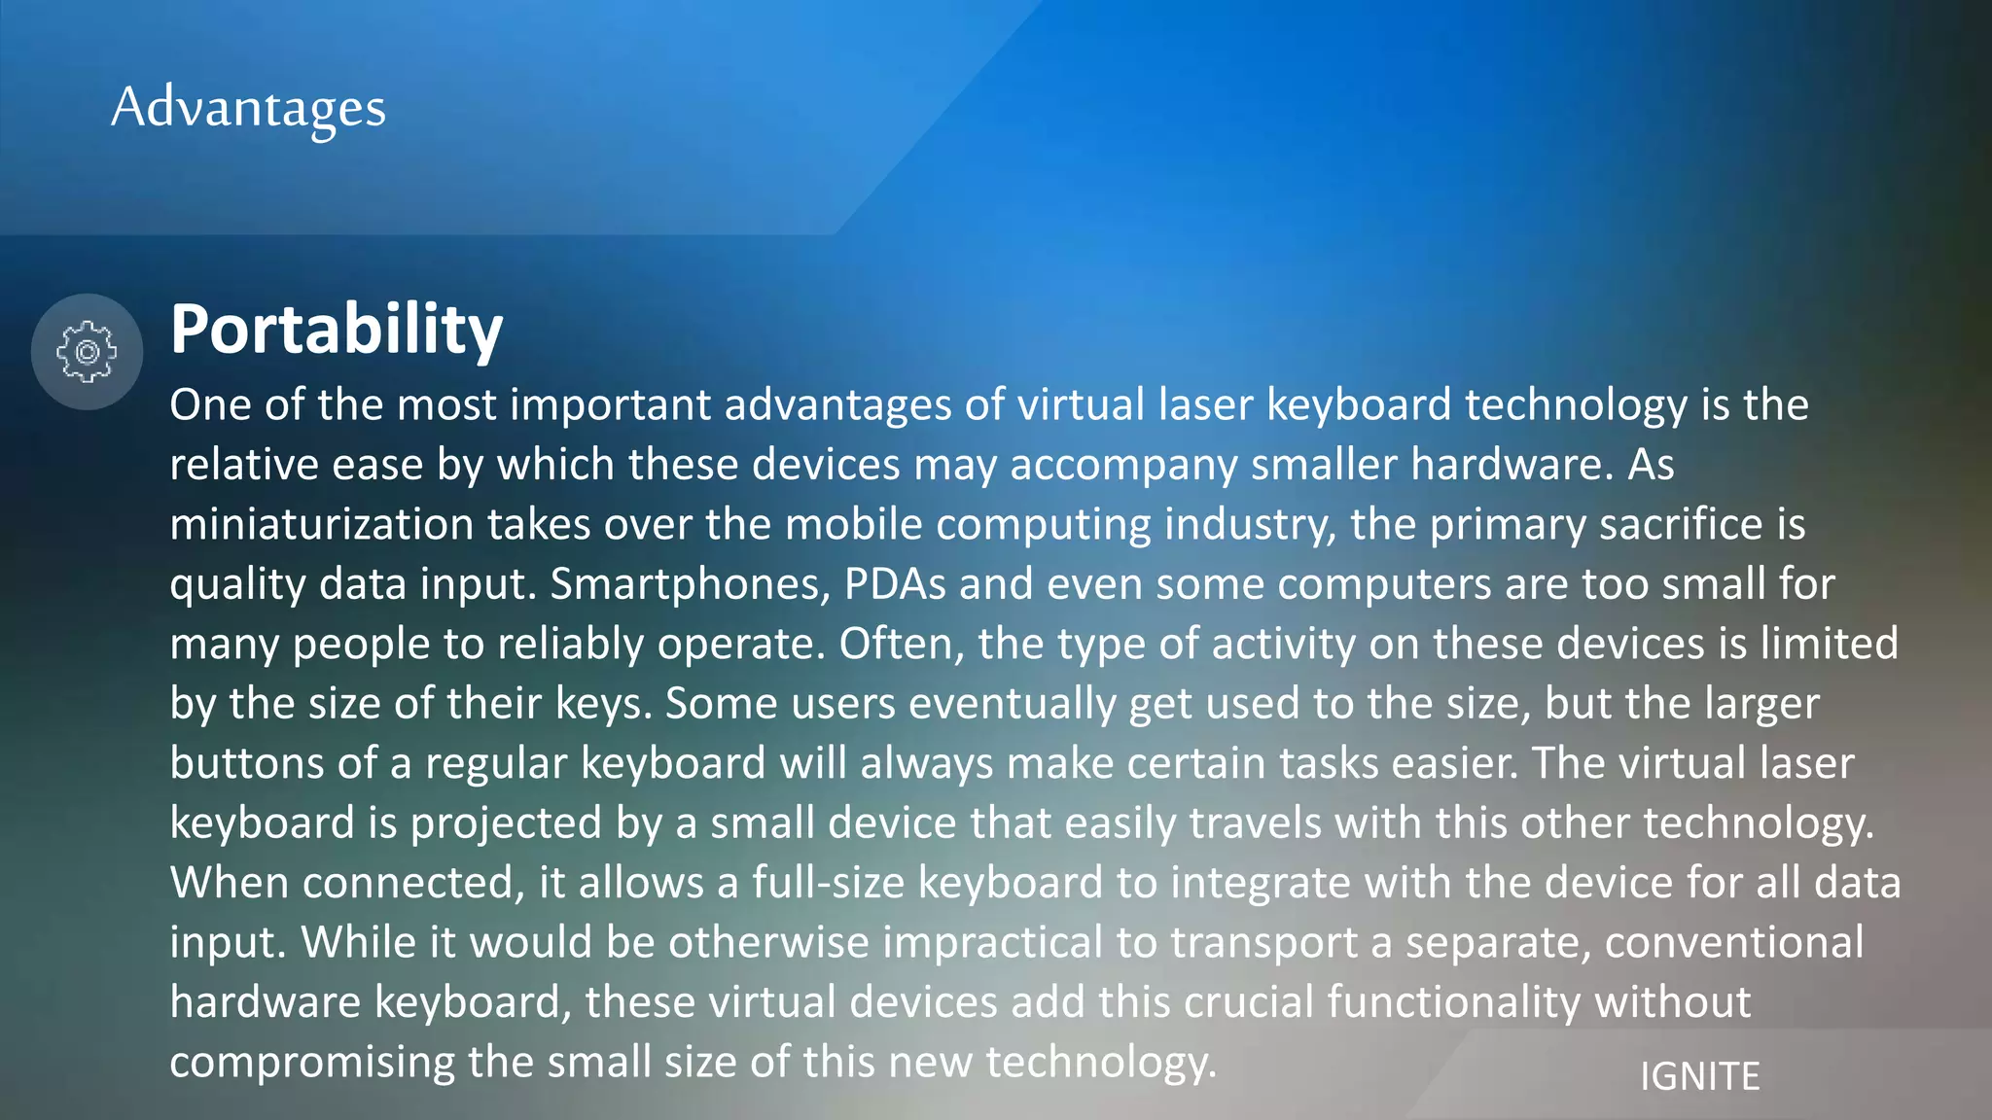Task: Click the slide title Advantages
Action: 248,107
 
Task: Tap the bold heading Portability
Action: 337,330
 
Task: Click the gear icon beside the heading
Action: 87,351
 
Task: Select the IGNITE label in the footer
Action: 1699,1076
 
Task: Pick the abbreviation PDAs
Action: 894,584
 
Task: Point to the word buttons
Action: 246,763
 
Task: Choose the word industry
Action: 1250,525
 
